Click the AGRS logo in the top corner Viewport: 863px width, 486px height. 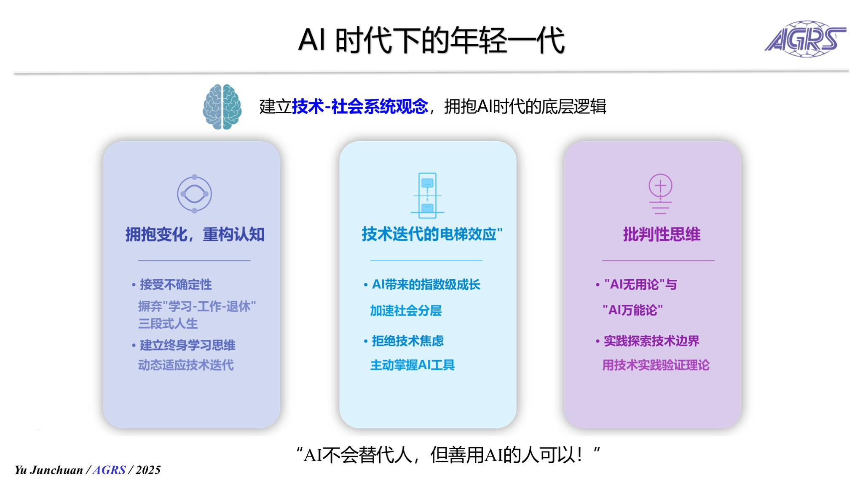pos(805,39)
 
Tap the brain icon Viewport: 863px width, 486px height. pos(222,107)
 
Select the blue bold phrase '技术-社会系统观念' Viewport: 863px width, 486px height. pos(360,106)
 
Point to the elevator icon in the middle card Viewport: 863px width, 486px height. pos(427,195)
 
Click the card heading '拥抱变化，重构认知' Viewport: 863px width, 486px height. pos(195,234)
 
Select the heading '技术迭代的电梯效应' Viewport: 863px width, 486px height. pos(429,234)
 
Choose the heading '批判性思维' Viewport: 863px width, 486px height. pos(662,234)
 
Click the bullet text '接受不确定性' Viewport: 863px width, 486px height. pos(176,284)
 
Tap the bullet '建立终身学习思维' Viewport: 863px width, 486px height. pos(188,345)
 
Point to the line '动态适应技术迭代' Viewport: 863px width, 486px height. pos(186,365)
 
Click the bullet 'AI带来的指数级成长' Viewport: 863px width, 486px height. pos(426,284)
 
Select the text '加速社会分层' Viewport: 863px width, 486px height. pos(406,310)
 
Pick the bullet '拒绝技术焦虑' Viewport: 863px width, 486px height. pos(407,341)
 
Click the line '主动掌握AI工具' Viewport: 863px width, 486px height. pos(413,365)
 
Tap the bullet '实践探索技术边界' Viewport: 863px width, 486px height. pos(651,341)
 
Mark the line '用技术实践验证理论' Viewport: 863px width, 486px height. pos(656,365)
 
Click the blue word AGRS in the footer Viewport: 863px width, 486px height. pos(109,470)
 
